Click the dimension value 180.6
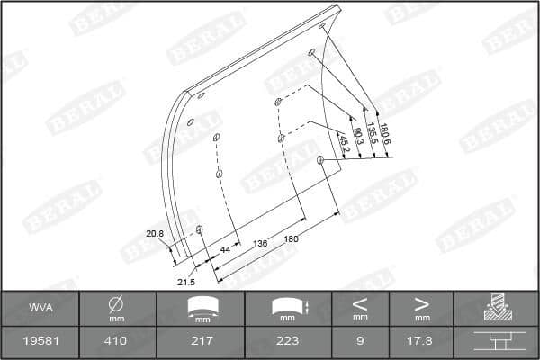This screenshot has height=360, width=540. [x=386, y=133]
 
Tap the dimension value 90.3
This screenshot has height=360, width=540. [x=358, y=137]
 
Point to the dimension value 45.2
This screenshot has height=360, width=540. [x=344, y=141]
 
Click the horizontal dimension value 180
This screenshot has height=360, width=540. [x=291, y=239]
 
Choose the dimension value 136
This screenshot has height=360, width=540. [x=261, y=243]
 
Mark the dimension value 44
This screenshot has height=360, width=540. [x=225, y=249]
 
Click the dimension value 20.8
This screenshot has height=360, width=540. [x=155, y=234]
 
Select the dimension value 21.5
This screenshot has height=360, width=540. [x=185, y=282]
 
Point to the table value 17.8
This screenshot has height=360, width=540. [x=421, y=341]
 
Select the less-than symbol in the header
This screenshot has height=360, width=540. [x=359, y=303]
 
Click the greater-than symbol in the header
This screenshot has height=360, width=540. [x=421, y=303]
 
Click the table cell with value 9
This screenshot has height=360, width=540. [x=359, y=341]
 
